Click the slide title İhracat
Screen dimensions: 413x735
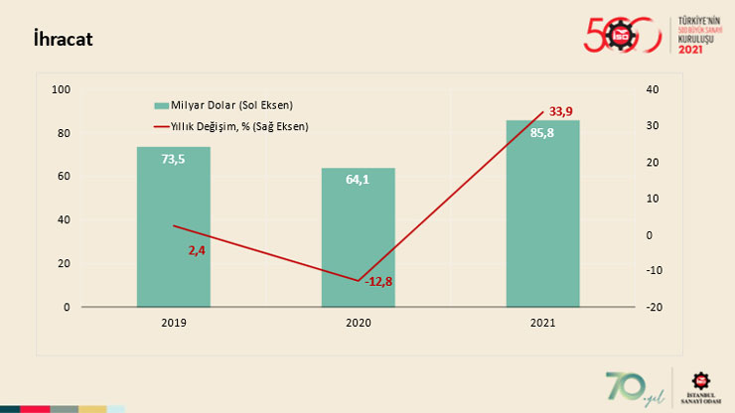tap(64, 40)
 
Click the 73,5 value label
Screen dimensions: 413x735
tap(174, 159)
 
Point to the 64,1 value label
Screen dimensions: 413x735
tap(358, 180)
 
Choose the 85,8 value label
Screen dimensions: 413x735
tap(542, 133)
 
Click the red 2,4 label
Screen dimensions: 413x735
tap(197, 250)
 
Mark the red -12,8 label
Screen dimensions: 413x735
tap(378, 282)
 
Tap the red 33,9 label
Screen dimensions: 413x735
tap(562, 110)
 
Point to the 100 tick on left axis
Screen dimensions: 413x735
tap(61, 90)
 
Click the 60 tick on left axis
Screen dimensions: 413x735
tap(64, 177)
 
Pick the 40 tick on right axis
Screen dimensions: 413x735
tap(652, 90)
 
